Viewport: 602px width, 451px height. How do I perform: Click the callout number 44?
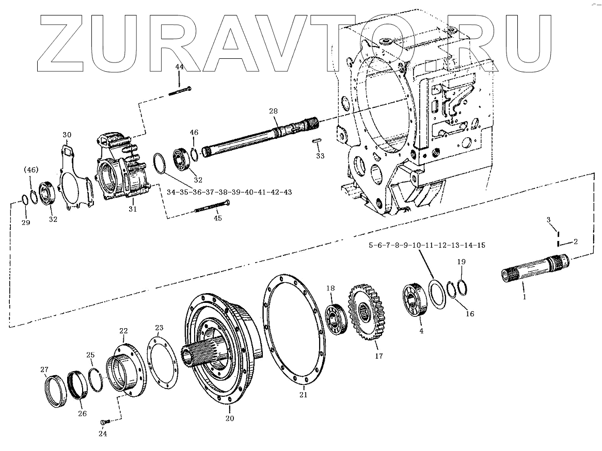pyautogui.click(x=179, y=68)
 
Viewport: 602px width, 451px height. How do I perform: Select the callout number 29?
pyautogui.click(x=26, y=222)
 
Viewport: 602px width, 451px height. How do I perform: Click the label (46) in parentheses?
pyautogui.click(x=31, y=169)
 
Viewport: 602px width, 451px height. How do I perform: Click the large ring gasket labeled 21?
pyautogui.click(x=294, y=330)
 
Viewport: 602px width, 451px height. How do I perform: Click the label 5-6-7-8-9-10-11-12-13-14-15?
pyautogui.click(x=426, y=245)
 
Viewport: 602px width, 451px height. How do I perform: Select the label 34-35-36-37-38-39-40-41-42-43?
pyautogui.click(x=229, y=192)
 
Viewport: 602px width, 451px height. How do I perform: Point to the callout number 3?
pyautogui.click(x=550, y=220)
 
